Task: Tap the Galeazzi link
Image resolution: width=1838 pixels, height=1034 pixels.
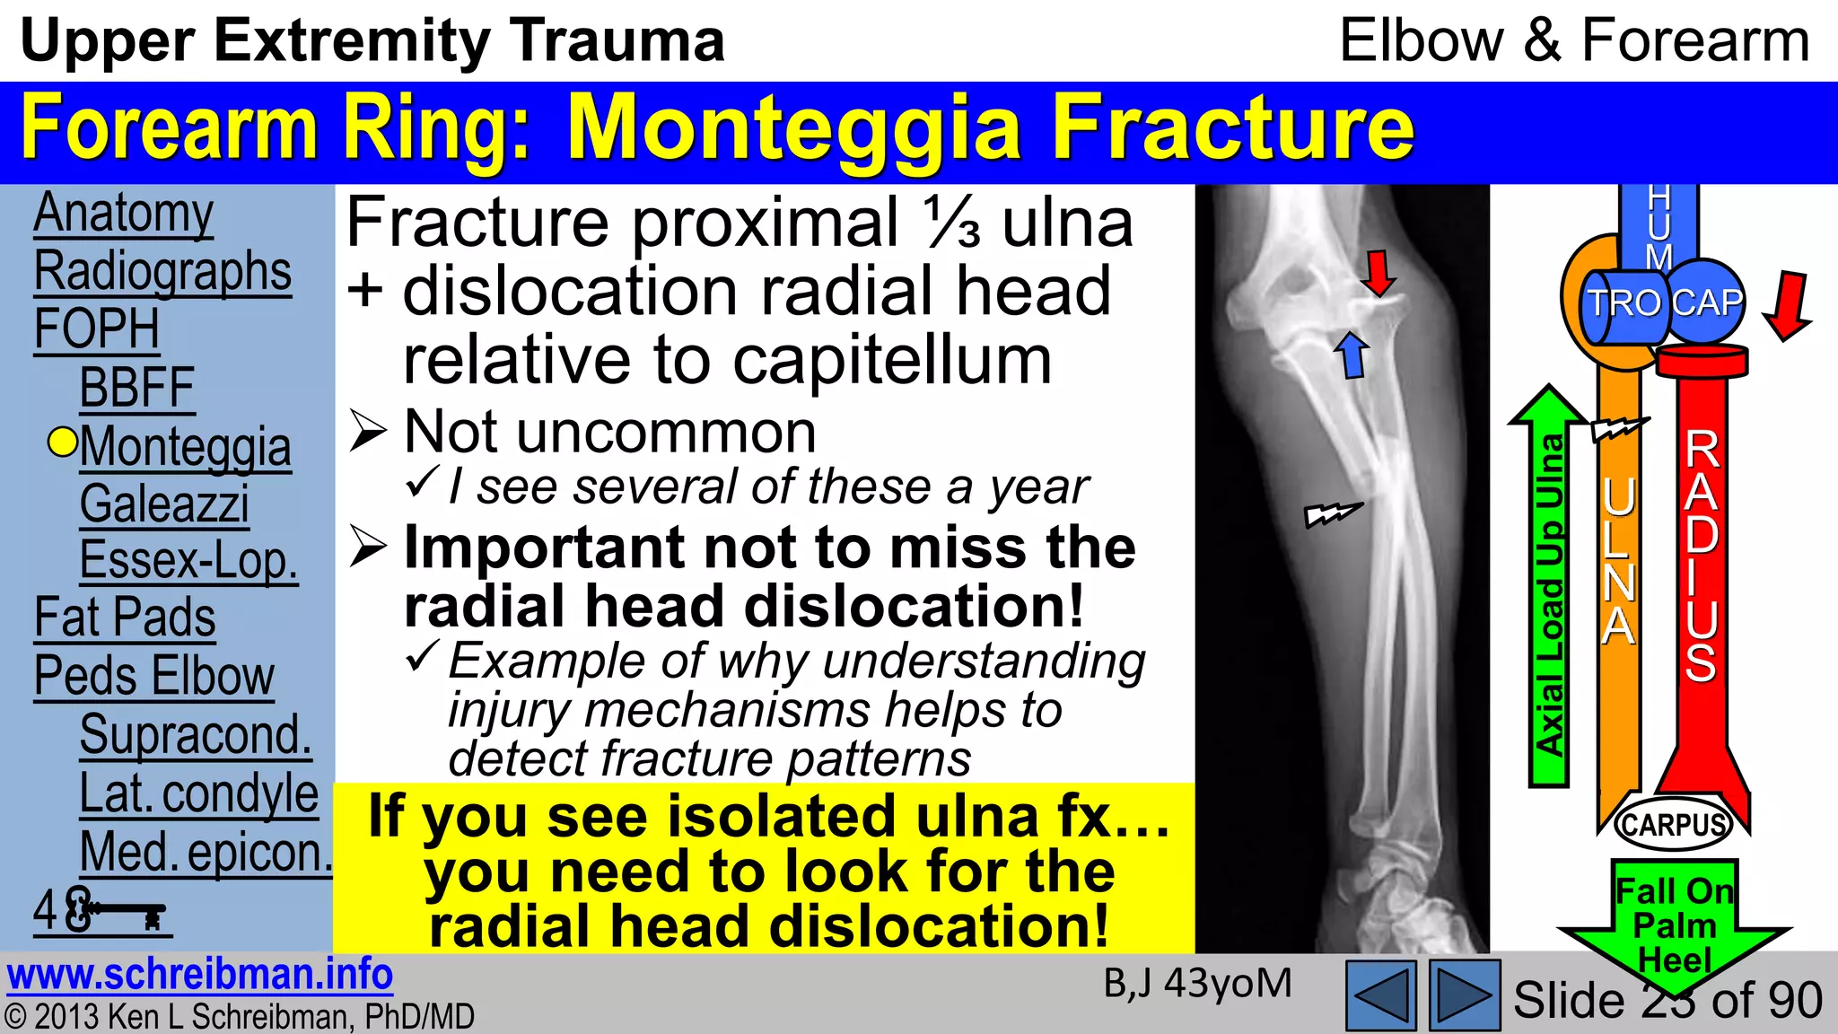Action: point(163,504)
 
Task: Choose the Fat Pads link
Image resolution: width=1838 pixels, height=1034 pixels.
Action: point(125,618)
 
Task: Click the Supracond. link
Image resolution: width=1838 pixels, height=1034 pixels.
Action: point(195,735)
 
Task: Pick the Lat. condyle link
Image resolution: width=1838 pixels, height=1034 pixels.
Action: point(198,793)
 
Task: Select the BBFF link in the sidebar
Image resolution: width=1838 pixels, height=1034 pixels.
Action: point(136,388)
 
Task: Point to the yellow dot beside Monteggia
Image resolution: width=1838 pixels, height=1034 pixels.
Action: point(62,443)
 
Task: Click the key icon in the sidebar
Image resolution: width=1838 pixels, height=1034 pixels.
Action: point(126,913)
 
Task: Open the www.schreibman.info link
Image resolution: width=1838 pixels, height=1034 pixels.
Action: point(199,975)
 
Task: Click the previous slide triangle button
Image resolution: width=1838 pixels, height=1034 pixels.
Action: point(1381,995)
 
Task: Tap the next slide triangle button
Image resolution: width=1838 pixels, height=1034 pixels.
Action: point(1464,995)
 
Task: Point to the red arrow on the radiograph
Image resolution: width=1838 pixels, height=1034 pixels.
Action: point(1378,273)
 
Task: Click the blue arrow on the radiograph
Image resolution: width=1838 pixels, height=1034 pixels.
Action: point(1352,354)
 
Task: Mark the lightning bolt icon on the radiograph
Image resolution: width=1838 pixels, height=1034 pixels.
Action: point(1333,514)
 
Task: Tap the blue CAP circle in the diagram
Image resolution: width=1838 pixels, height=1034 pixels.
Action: point(1707,302)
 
